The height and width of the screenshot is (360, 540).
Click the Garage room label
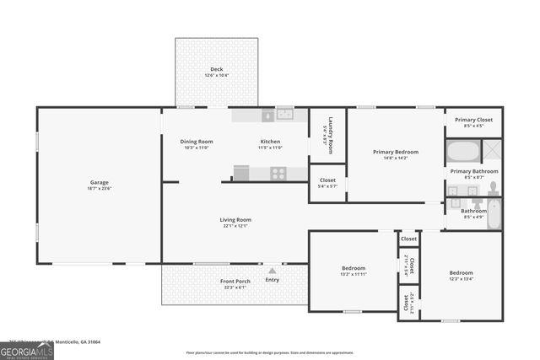100,182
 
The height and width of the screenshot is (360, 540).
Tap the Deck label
217,69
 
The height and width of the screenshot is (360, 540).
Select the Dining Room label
197,141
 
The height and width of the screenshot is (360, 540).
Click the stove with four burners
278,173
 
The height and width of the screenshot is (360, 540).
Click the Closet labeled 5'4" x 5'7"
327,180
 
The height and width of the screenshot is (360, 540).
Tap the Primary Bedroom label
396,152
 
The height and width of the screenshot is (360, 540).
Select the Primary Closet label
473,120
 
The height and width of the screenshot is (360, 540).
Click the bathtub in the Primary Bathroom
462,153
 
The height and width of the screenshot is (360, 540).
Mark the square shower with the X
491,152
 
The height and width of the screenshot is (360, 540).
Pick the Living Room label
237,220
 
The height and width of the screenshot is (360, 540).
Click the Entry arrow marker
272,271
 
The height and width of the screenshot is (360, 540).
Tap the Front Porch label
235,281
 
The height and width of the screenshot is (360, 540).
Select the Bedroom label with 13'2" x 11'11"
353,269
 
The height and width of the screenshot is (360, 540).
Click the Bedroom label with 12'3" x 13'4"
461,273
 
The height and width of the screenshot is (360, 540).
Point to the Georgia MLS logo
27,349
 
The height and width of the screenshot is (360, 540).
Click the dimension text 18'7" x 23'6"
100,189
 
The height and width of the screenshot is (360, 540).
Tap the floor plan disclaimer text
269,352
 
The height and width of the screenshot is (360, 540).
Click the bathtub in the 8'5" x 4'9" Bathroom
494,214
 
